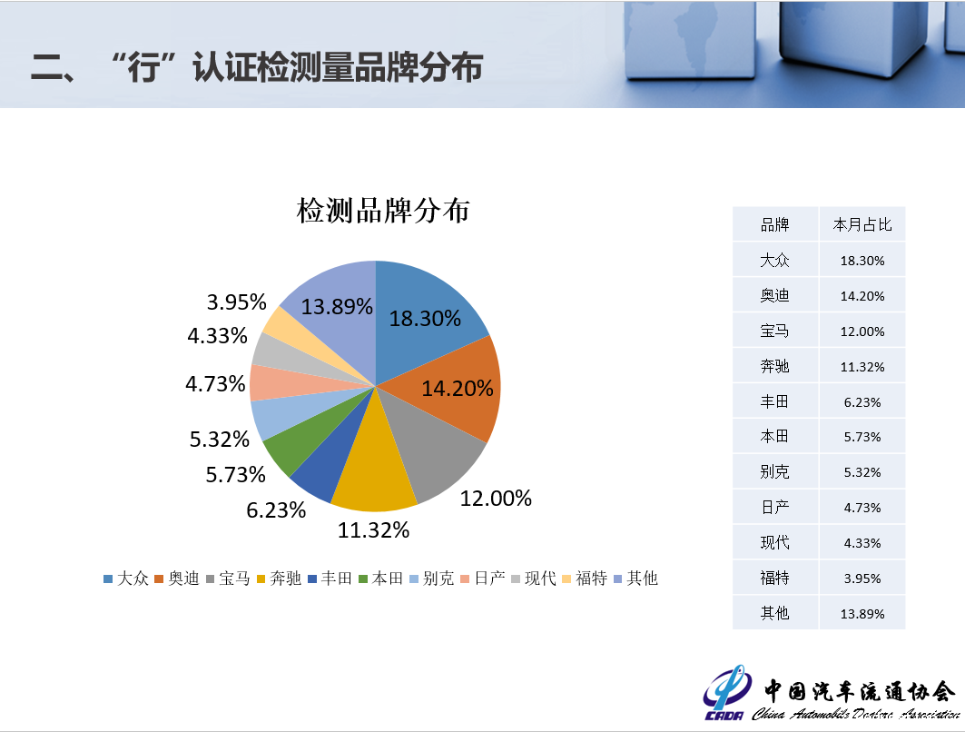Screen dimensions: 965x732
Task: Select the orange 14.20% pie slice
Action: coord(456,388)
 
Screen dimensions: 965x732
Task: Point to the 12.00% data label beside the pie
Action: coord(496,498)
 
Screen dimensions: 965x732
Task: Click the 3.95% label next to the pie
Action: coord(236,302)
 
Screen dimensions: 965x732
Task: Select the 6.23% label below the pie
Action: coord(276,509)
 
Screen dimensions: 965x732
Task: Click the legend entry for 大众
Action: coord(126,579)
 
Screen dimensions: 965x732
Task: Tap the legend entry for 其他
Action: coord(635,579)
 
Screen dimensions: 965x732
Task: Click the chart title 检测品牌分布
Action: coord(383,211)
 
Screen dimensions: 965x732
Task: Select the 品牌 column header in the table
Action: coord(775,224)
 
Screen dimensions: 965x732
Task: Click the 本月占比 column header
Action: coord(862,224)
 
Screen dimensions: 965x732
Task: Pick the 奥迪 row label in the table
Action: coord(775,295)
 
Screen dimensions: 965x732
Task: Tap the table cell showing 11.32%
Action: coord(862,367)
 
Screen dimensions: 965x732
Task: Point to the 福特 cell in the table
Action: coord(775,579)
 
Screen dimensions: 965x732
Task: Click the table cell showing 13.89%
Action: coord(862,614)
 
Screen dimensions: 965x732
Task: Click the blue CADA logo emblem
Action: coord(727,691)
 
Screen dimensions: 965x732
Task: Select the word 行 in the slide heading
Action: coord(143,67)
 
